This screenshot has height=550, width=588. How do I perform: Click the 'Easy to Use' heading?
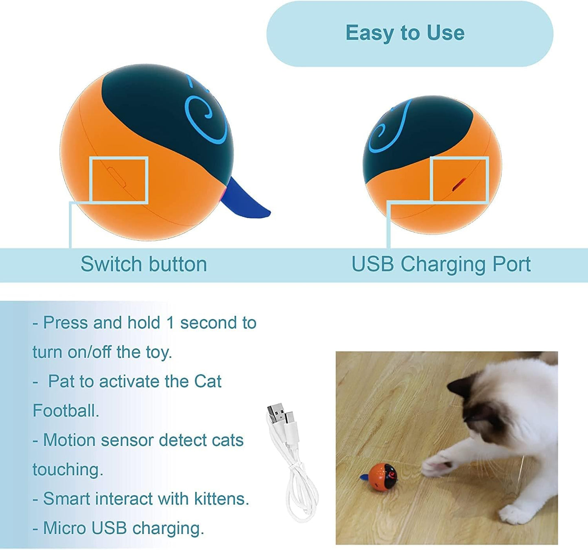coord(405,33)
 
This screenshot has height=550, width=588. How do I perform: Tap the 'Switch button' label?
coord(144,264)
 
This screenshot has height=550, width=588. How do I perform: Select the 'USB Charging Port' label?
coord(441,264)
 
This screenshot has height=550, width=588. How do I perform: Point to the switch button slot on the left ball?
coord(116,177)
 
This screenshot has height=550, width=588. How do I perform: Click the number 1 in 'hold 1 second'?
coord(170,323)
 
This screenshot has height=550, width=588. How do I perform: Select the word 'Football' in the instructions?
coord(66,411)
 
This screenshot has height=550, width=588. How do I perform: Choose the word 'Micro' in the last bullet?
coord(65,528)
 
